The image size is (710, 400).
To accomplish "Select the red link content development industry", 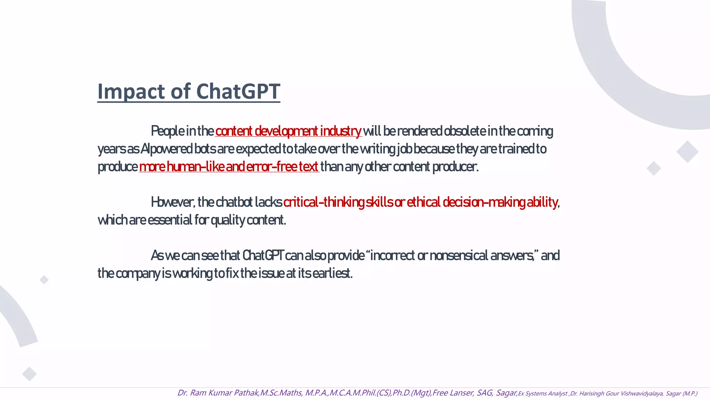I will [288, 131].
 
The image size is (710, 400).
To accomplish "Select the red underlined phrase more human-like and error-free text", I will [229, 167].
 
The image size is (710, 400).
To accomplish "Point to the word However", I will [173, 202].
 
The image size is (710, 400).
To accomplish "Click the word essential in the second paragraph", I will [170, 220].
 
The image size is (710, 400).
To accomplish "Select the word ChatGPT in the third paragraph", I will [263, 256].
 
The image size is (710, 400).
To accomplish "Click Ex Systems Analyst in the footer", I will [543, 394].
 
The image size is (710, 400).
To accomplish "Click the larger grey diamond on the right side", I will [687, 152].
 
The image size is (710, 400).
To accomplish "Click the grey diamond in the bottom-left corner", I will [29, 374].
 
